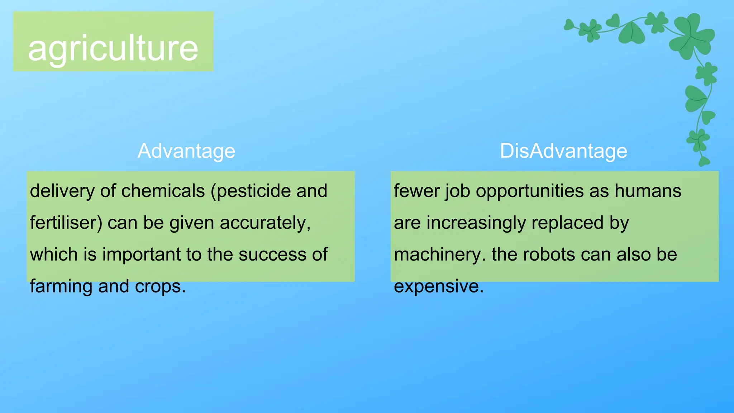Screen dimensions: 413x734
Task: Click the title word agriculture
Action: point(113,48)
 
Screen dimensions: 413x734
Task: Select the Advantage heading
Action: point(186,151)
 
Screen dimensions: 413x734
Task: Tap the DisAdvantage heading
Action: point(563,151)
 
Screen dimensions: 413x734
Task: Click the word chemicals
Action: point(163,191)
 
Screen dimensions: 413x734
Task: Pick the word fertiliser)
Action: point(66,223)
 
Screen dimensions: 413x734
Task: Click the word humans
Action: point(648,191)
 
